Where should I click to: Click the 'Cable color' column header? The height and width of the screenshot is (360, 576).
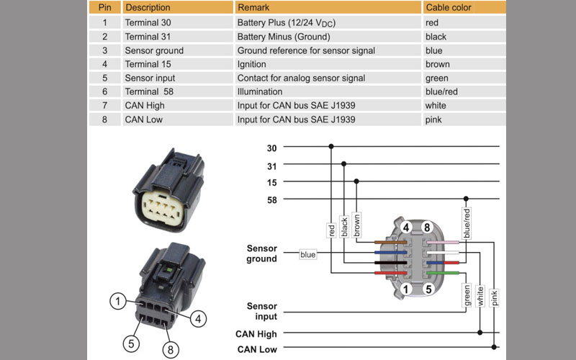(449, 8)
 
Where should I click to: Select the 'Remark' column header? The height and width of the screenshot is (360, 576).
(253, 8)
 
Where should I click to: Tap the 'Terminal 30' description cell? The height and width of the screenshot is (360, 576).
(148, 23)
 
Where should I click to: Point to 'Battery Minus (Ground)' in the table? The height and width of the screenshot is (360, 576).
(284, 37)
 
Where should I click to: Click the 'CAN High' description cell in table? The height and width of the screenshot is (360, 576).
(145, 105)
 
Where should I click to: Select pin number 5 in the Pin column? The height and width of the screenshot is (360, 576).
(104, 78)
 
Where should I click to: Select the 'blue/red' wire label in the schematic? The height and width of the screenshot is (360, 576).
(467, 224)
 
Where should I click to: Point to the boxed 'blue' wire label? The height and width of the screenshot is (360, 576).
(308, 253)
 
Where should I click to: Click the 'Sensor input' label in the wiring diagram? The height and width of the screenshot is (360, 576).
(261, 312)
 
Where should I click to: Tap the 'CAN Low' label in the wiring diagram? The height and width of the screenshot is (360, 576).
(256, 349)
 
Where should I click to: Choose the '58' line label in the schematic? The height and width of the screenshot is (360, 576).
(272, 199)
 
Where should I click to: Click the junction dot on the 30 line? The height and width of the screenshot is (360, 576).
(331, 147)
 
